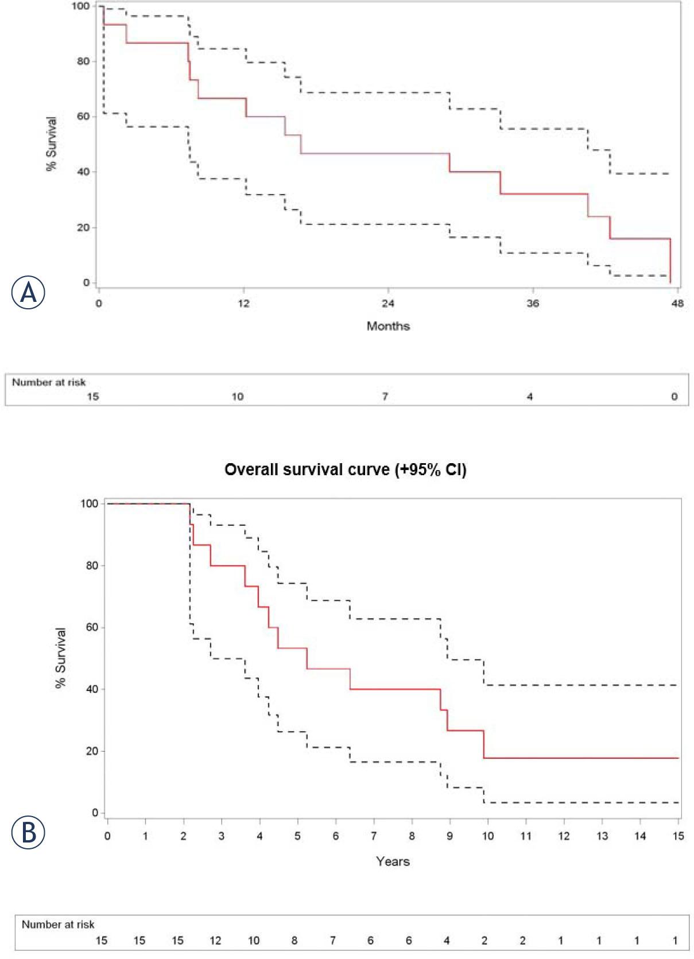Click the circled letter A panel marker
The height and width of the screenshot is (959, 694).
[x=28, y=292]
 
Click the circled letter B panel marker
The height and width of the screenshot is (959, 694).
[x=28, y=832]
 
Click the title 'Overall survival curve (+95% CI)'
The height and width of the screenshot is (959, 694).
[x=345, y=469]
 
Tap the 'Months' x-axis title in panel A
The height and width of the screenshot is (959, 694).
[x=388, y=326]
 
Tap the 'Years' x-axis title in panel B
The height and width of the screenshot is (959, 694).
[x=393, y=861]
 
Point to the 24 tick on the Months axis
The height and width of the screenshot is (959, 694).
[x=388, y=303]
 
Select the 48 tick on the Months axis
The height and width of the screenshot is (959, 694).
[x=677, y=303]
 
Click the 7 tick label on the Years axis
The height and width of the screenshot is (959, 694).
[x=374, y=836]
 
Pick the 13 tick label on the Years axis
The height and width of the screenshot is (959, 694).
[x=602, y=836]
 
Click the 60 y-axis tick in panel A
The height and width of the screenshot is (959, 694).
[x=83, y=117]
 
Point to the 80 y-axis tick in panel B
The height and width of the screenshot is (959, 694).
[x=92, y=565]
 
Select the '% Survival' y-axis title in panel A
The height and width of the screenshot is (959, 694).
[x=52, y=144]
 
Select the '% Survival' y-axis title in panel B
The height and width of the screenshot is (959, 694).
[x=61, y=658]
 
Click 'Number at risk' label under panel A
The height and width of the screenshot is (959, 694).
[x=49, y=382]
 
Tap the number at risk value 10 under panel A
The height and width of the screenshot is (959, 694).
[x=238, y=397]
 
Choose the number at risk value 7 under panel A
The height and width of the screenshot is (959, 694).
[x=385, y=397]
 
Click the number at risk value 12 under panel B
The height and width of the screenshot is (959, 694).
[x=215, y=941]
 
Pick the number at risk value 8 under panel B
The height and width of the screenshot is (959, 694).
[x=294, y=941]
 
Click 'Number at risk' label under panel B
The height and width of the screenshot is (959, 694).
[x=58, y=925]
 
